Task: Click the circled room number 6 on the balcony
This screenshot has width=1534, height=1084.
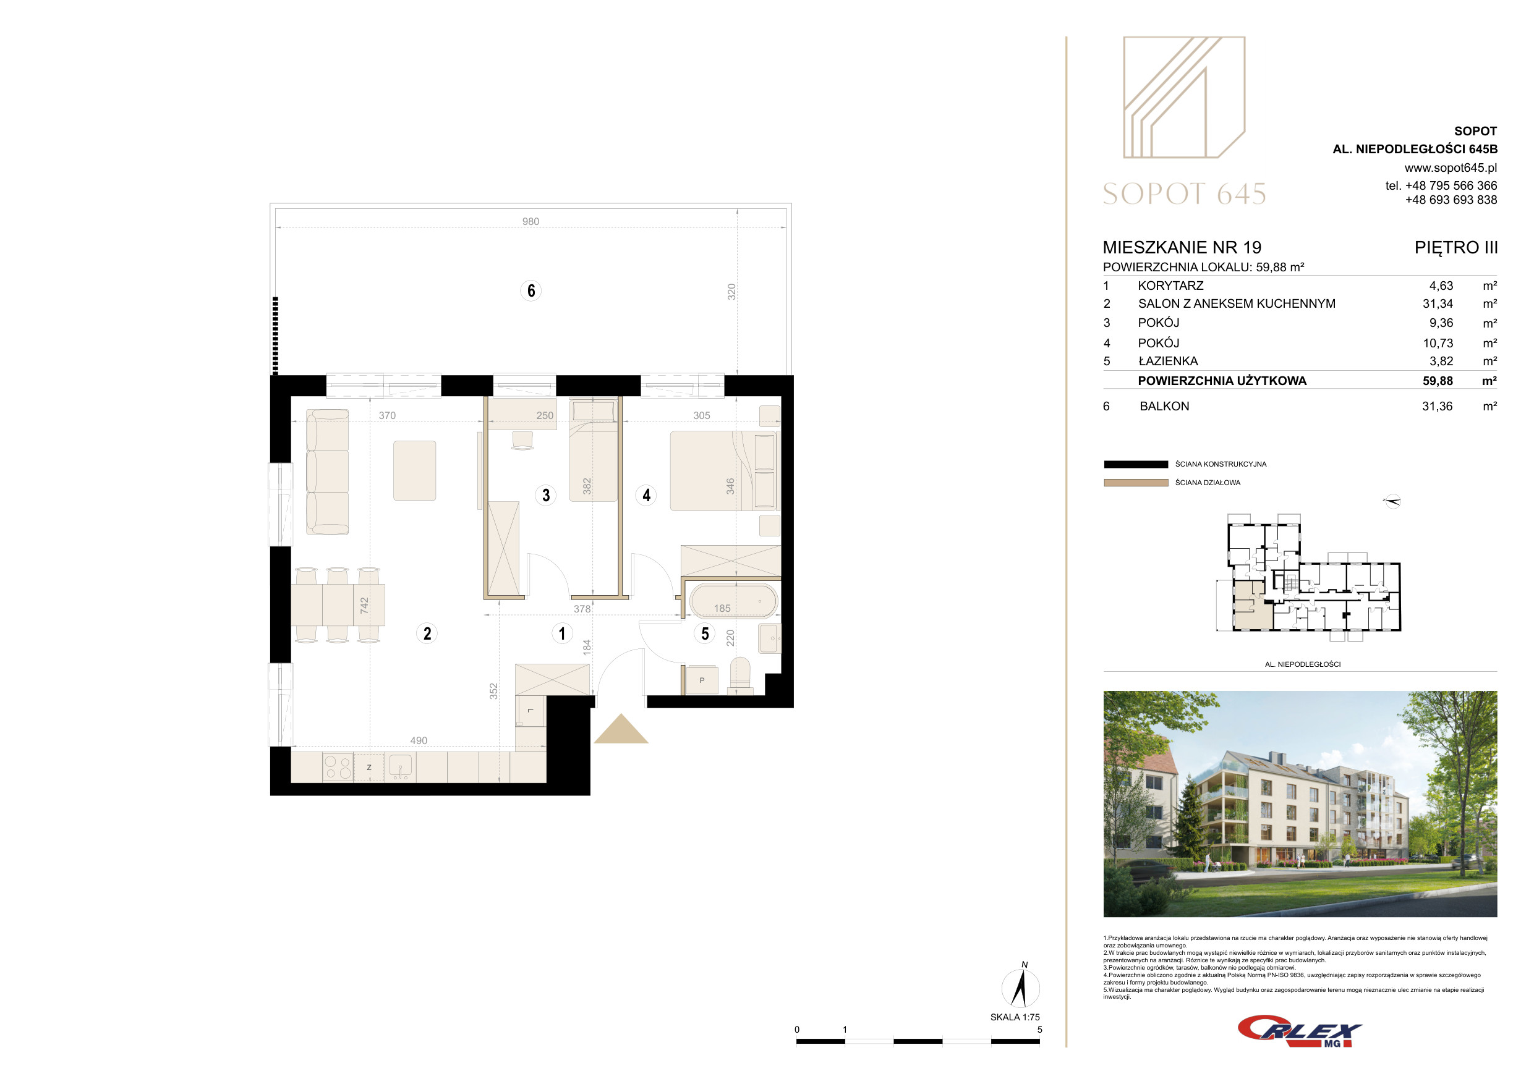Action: tap(531, 290)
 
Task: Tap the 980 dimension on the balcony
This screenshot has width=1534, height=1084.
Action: tap(531, 222)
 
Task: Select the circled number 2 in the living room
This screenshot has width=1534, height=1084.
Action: tap(427, 633)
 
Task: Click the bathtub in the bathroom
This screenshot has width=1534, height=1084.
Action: tap(733, 601)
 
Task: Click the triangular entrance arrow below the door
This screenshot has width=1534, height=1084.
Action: tap(621, 729)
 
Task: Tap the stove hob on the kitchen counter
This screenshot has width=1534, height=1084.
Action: tap(338, 768)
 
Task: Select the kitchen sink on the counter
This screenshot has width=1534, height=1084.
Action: tap(400, 768)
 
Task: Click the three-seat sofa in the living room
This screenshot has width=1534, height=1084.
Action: tap(327, 472)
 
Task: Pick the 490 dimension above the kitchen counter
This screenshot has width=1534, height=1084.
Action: tap(418, 741)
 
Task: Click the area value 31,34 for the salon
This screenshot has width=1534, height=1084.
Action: tap(1437, 304)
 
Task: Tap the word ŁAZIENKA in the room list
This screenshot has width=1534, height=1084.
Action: tap(1168, 362)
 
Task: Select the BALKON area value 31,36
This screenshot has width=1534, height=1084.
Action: tap(1437, 406)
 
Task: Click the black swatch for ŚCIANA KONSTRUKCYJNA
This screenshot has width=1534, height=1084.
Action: tap(1136, 464)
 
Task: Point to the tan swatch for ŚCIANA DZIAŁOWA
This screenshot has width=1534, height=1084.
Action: tap(1136, 483)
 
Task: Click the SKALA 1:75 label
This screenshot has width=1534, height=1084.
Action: tap(1015, 1017)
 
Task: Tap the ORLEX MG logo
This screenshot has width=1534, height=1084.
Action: tap(1299, 1031)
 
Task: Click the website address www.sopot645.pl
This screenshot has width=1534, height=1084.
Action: tap(1451, 167)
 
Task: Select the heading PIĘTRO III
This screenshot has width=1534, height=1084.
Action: tap(1456, 248)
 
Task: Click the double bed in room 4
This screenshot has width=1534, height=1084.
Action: tap(723, 471)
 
